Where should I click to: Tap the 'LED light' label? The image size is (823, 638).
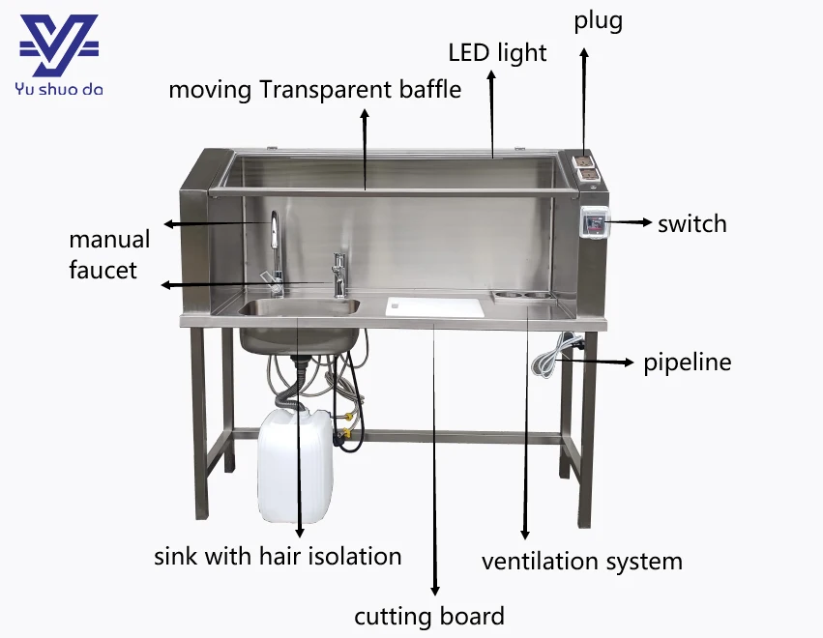[x=497, y=52]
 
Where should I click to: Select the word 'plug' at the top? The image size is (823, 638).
[x=598, y=20]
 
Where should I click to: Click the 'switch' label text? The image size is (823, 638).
[x=691, y=224]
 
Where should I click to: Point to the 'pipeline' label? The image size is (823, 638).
[x=688, y=362]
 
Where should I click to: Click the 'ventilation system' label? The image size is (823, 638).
[x=581, y=561]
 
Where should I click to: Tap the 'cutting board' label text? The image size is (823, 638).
[x=428, y=616]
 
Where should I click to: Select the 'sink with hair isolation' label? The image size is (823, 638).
[x=278, y=556]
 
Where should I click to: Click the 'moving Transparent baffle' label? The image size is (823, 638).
[x=314, y=90]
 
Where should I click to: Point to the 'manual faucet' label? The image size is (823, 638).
[x=109, y=254]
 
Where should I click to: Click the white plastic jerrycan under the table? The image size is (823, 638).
[x=294, y=464]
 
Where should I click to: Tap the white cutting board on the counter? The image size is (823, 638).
[x=434, y=306]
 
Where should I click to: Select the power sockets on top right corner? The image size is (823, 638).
[x=586, y=167]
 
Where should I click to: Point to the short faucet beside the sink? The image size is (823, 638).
[x=339, y=275]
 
